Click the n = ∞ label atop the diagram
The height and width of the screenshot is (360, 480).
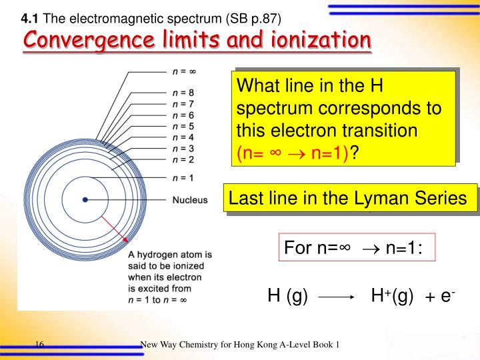(x=184, y=69)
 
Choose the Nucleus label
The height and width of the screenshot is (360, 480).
(x=190, y=199)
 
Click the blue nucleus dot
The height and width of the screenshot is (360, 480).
(x=85, y=199)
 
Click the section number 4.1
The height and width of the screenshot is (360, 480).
(x=31, y=16)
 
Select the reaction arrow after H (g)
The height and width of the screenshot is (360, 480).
(x=335, y=299)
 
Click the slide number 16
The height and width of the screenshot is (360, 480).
(x=39, y=344)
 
